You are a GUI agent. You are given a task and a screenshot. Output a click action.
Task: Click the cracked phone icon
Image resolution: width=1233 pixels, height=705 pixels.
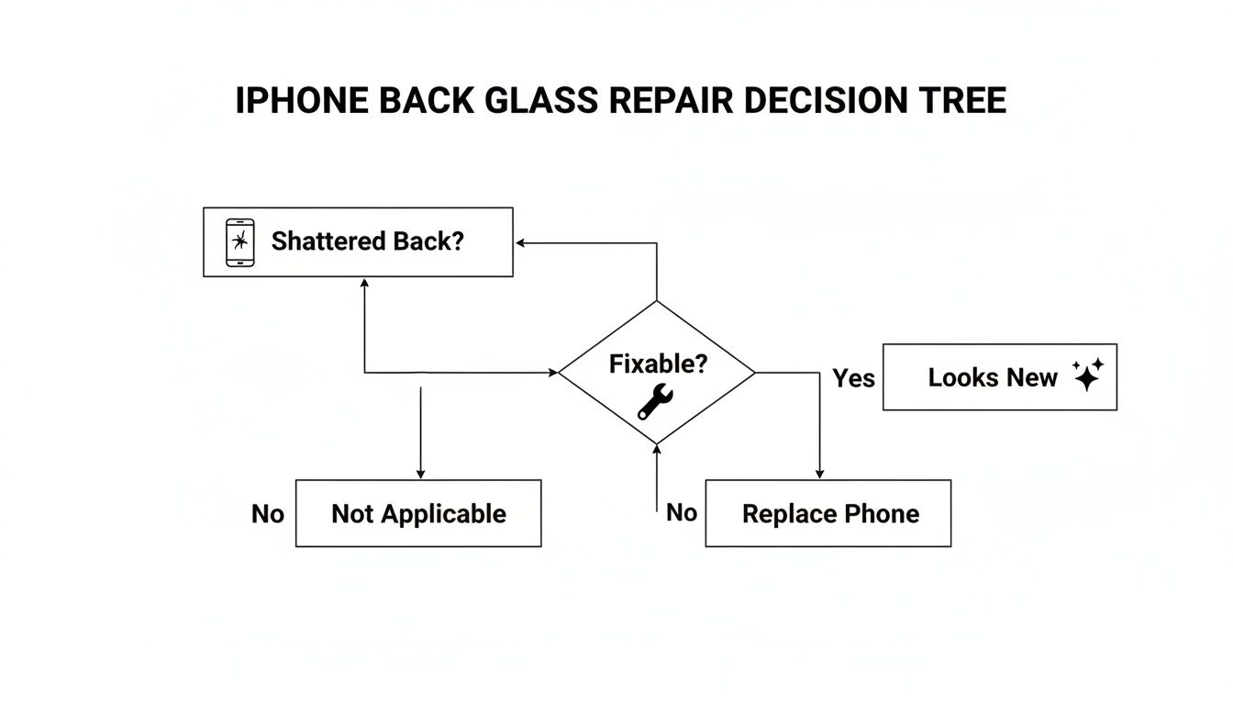point(239,242)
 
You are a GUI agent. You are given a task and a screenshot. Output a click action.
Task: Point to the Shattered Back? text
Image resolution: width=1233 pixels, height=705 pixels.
point(368,241)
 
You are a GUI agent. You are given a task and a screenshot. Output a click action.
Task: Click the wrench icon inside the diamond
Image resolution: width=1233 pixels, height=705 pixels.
point(655,401)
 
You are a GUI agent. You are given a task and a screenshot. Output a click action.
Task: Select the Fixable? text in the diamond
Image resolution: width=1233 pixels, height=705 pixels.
point(658,364)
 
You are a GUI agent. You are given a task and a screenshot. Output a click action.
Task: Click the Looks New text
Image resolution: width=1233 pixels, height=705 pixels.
point(993,377)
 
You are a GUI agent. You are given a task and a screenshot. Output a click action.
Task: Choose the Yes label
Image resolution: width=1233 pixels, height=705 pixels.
point(853,378)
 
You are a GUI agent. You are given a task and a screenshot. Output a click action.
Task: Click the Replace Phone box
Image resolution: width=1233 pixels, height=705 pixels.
point(828,513)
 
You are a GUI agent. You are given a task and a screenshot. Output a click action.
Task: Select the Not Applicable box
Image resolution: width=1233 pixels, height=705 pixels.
point(418,513)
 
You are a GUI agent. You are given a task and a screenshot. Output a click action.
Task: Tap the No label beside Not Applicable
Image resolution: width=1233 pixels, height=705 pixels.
point(268,514)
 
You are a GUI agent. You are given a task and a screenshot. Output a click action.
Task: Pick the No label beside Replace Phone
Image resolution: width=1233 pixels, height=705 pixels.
point(682,512)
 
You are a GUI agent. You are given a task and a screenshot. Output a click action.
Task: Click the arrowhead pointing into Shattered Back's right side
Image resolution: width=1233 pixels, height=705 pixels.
point(520,243)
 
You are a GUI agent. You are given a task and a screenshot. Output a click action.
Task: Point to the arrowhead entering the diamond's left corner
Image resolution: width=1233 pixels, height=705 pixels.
point(553,373)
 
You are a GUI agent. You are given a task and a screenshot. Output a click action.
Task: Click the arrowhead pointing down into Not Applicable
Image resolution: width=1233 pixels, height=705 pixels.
point(420,474)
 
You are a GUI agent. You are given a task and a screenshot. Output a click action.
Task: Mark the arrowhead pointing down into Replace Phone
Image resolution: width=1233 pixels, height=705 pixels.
point(818,474)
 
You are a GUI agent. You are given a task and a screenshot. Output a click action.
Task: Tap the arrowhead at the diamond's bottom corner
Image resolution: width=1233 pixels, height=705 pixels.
point(657,449)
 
